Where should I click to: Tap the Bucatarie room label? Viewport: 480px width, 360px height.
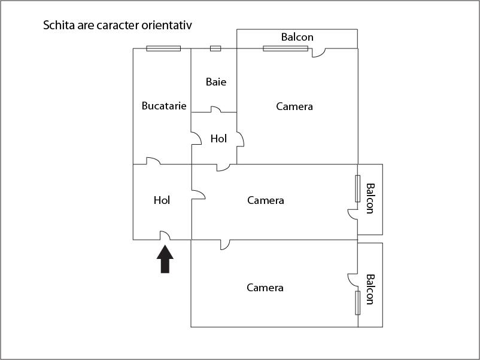click(x=164, y=106)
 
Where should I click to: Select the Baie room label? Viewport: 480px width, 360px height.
click(x=216, y=82)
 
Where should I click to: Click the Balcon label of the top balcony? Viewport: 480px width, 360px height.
click(x=297, y=37)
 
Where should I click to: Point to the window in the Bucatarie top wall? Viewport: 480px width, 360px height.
click(x=163, y=48)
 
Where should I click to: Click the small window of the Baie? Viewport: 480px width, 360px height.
click(x=215, y=48)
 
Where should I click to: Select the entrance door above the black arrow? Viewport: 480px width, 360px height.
click(x=165, y=236)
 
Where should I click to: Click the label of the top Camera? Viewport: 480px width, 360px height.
click(x=294, y=106)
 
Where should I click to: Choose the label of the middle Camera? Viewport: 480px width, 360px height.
click(x=266, y=200)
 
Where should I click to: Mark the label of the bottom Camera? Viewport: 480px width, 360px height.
click(x=265, y=288)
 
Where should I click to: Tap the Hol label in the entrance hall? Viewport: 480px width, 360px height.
click(x=162, y=200)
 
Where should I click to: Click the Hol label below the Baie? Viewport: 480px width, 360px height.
click(x=219, y=139)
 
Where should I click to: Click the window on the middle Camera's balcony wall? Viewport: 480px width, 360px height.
click(x=358, y=188)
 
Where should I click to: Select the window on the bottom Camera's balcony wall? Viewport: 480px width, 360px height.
click(x=358, y=302)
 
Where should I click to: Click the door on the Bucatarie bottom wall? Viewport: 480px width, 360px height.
click(x=153, y=161)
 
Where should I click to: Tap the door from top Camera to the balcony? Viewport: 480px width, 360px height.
click(x=318, y=53)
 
